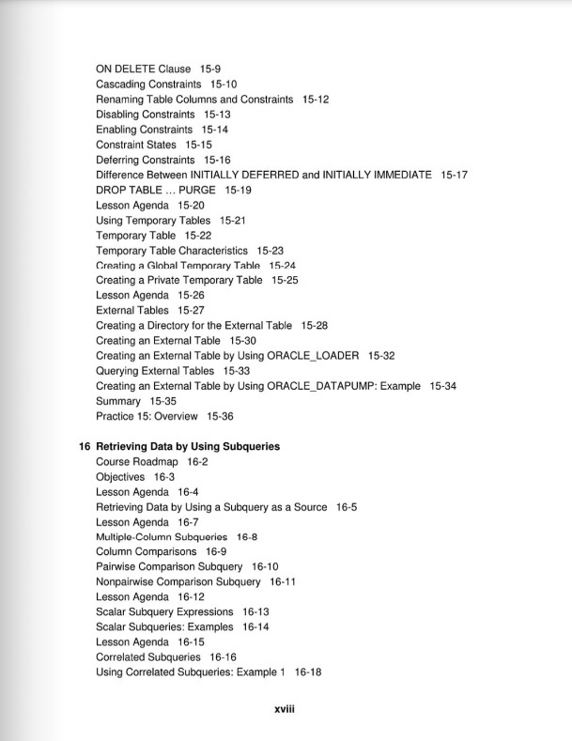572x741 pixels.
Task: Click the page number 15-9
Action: pos(210,69)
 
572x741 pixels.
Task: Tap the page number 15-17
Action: pos(455,175)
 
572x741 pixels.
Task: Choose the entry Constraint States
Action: pos(136,145)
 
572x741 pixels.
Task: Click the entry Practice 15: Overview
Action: pos(147,416)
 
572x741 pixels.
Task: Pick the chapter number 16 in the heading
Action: pos(84,447)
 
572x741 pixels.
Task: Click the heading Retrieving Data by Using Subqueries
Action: pos(188,447)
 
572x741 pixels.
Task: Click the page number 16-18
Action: pos(308,672)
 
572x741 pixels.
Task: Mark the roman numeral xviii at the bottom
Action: pos(286,711)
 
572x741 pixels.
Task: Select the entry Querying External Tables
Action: pos(155,371)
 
